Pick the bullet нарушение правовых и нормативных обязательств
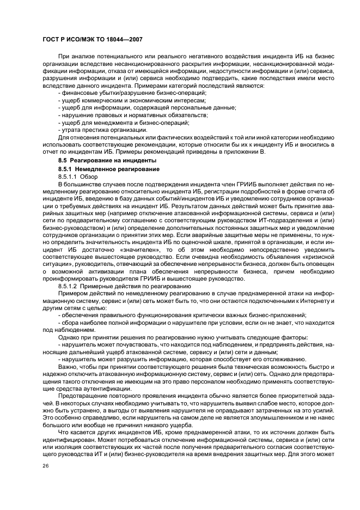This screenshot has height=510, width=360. (133, 116)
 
